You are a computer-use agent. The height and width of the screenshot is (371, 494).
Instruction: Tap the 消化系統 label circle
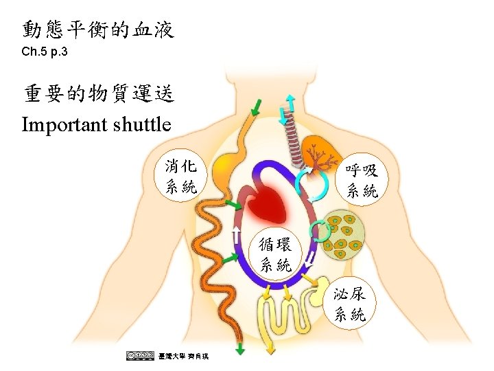[181, 176]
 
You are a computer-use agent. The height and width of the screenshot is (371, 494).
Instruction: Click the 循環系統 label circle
[276, 254]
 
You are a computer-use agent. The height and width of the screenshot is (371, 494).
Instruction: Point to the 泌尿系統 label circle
[349, 305]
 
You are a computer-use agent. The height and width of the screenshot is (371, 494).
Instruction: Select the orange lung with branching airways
[320, 155]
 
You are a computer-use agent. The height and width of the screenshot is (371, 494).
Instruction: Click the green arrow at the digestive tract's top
[256, 107]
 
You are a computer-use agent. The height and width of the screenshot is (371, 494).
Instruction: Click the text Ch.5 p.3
[45, 52]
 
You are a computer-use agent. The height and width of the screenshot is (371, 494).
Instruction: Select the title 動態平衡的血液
[98, 30]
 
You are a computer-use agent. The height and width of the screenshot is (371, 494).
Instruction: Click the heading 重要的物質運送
[98, 94]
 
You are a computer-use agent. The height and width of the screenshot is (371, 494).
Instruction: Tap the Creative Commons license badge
[140, 355]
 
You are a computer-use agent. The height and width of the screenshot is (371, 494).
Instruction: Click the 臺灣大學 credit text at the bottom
[183, 355]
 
